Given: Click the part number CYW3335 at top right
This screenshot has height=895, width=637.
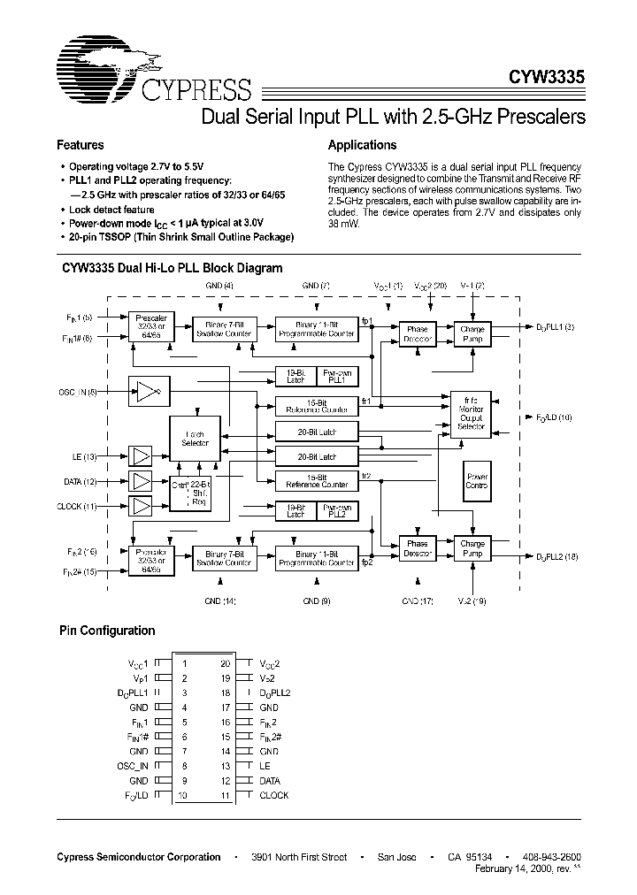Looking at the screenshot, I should click(x=545, y=77).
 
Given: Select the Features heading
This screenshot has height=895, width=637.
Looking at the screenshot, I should click(x=81, y=145).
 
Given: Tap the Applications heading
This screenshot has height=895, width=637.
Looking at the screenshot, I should click(x=362, y=145).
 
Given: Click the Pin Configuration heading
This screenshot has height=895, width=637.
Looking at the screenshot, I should click(x=107, y=631).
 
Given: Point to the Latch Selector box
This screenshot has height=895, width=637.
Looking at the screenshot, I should click(x=195, y=439).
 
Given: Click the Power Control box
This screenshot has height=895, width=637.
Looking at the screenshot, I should click(x=477, y=480).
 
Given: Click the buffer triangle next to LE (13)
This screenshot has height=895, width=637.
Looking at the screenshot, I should click(x=141, y=455).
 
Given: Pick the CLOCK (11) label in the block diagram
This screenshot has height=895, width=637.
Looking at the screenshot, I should click(x=81, y=507).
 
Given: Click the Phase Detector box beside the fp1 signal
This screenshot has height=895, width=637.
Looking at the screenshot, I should click(x=416, y=334).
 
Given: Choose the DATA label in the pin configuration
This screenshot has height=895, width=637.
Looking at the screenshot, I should click(x=269, y=781).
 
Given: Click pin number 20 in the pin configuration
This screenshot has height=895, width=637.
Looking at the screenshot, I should click(x=225, y=662).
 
